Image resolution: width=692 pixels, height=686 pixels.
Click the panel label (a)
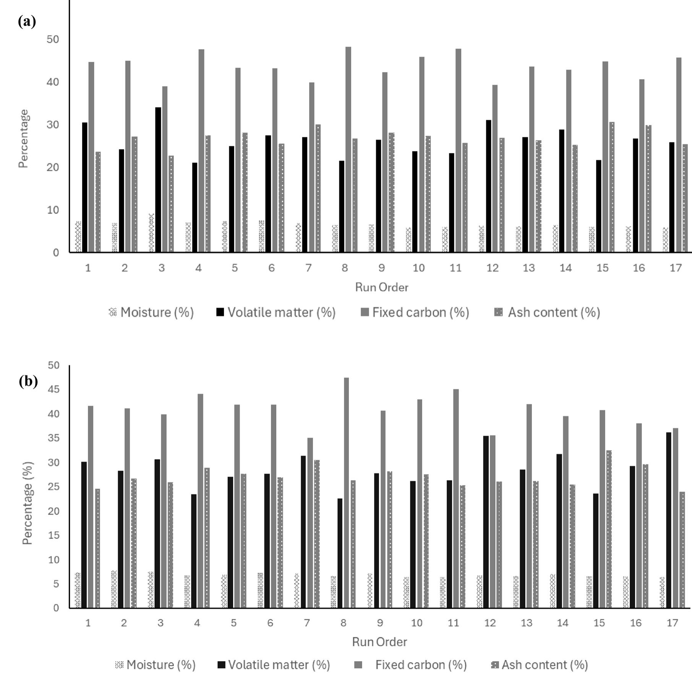[x=27, y=22]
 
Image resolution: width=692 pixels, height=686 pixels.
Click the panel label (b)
[x=28, y=381]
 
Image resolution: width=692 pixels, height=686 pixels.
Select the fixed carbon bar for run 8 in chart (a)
[x=348, y=149]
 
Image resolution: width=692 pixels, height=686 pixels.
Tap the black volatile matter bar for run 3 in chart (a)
[x=158, y=180]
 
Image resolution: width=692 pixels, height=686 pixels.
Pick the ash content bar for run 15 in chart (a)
[x=612, y=187]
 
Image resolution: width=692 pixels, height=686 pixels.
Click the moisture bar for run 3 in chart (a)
[x=151, y=233]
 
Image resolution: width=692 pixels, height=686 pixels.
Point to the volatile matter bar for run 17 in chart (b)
[x=668, y=520]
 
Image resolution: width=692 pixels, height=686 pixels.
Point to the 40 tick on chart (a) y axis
[x=53, y=82]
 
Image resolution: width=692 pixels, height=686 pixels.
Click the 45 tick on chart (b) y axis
[x=54, y=390]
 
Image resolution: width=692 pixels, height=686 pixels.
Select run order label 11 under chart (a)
[x=455, y=268]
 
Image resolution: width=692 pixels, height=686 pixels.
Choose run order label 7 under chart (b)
[x=307, y=623]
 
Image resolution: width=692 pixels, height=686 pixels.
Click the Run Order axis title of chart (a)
[x=381, y=287]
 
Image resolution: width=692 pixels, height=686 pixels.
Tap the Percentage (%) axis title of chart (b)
[x=28, y=503]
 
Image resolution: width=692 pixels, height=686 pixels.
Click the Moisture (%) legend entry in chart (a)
[x=152, y=312]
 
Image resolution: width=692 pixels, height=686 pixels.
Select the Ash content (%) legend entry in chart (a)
[x=548, y=312]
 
